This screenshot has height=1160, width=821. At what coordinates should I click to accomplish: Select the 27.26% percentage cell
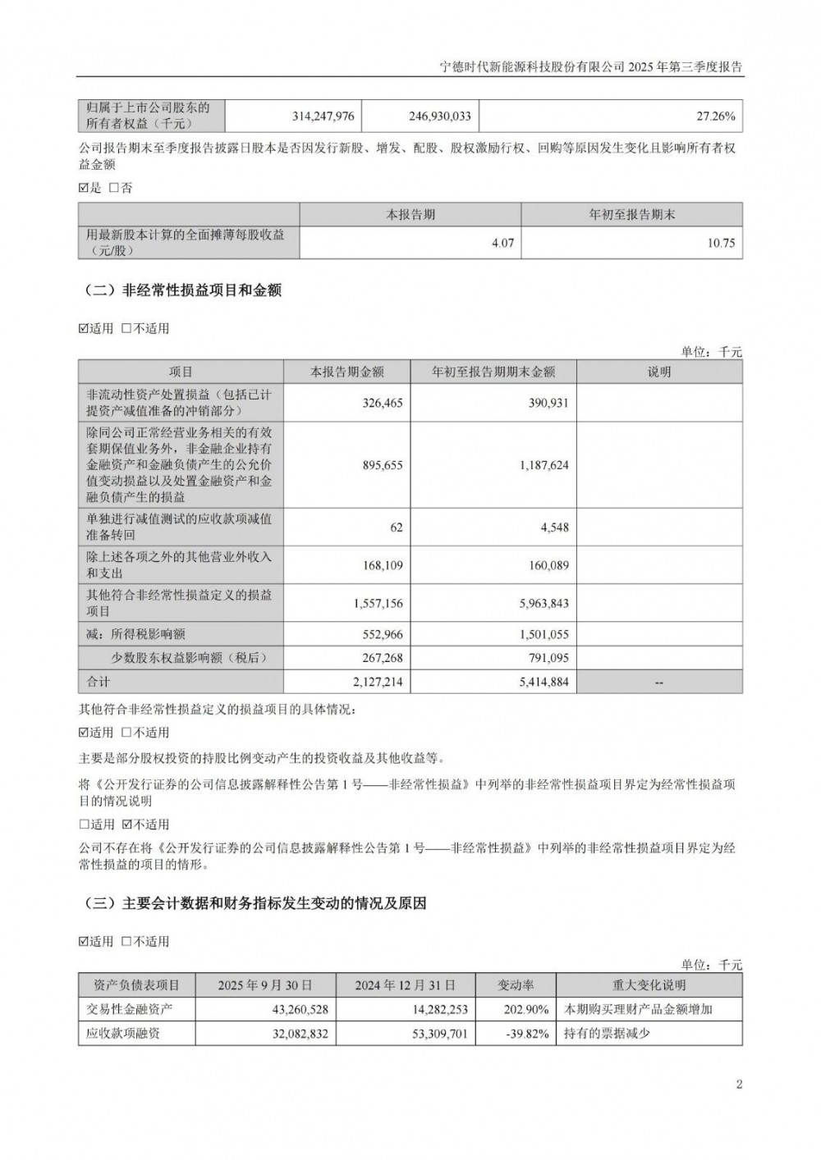[x=715, y=116]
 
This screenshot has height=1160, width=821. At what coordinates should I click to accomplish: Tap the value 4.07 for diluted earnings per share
[x=502, y=243]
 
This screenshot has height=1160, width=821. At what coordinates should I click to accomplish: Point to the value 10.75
[x=721, y=243]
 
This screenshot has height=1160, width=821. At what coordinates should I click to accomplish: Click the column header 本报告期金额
[x=346, y=372]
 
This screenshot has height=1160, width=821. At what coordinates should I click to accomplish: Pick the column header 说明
[x=658, y=372]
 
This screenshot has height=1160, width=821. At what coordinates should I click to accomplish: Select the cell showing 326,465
[x=382, y=403]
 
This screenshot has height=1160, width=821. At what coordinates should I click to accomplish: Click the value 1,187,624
[x=544, y=465]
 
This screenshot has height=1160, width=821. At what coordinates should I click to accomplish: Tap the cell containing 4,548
[x=554, y=527]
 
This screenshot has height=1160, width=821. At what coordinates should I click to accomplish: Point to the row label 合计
[x=99, y=682]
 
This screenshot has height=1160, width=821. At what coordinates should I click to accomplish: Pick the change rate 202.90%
[x=525, y=1009]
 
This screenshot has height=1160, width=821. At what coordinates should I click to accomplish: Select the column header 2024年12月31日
[x=404, y=985]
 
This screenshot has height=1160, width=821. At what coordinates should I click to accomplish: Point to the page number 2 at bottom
[x=739, y=1085]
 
